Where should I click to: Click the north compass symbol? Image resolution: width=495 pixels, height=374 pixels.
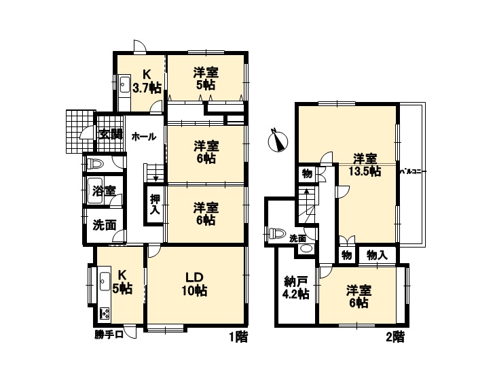click(x=278, y=141)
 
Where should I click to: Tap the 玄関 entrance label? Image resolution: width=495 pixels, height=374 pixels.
click(x=110, y=135)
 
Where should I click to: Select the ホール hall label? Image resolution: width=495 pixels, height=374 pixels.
click(x=144, y=137)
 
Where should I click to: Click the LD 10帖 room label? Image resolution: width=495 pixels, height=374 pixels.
click(x=194, y=284)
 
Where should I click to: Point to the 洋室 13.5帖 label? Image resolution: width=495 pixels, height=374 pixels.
click(x=365, y=165)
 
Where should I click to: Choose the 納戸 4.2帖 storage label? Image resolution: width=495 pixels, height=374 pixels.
click(x=296, y=288)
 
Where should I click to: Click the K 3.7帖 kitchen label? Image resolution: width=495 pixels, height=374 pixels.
click(x=147, y=81)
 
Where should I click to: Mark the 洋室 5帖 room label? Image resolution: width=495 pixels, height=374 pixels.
click(x=206, y=79)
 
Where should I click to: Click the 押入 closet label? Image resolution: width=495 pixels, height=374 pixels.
click(x=155, y=205)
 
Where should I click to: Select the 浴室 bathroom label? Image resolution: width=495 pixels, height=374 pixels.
click(x=104, y=190)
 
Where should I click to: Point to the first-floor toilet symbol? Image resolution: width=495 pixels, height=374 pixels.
click(x=95, y=164)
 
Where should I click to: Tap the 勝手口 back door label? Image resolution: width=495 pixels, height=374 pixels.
click(x=109, y=335)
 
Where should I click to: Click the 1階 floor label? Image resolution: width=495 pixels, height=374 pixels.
click(x=238, y=338)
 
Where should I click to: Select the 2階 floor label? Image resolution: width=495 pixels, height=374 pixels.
click(x=395, y=338)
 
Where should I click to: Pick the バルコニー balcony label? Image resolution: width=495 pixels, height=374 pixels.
click(x=414, y=171)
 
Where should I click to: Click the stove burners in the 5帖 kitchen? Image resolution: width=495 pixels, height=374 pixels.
click(x=105, y=314)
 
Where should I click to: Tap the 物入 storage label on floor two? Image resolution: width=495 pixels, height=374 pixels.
click(x=377, y=255)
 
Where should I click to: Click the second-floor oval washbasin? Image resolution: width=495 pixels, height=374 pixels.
click(x=305, y=248)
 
